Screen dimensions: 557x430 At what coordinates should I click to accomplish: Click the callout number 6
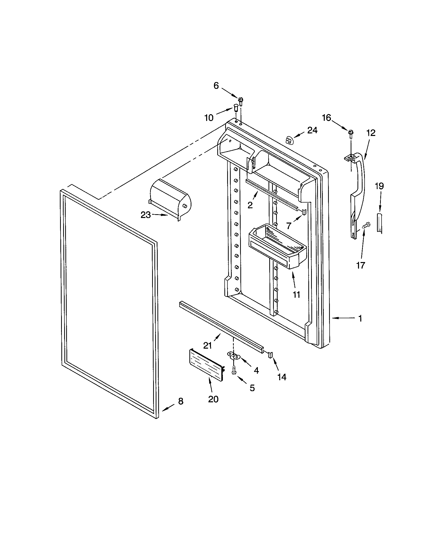coord(216,86)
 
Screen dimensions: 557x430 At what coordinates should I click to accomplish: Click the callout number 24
coord(312,130)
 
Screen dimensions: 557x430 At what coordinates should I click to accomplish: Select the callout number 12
coord(371,133)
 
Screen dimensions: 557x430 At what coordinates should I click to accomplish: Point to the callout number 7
coord(289,226)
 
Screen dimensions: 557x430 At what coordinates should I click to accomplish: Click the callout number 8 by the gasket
coord(181,402)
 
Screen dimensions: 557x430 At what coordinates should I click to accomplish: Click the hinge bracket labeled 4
coord(234,355)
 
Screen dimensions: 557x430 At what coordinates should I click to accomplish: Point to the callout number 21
coord(208,346)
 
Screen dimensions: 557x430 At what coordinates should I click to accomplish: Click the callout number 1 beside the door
coord(360,319)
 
